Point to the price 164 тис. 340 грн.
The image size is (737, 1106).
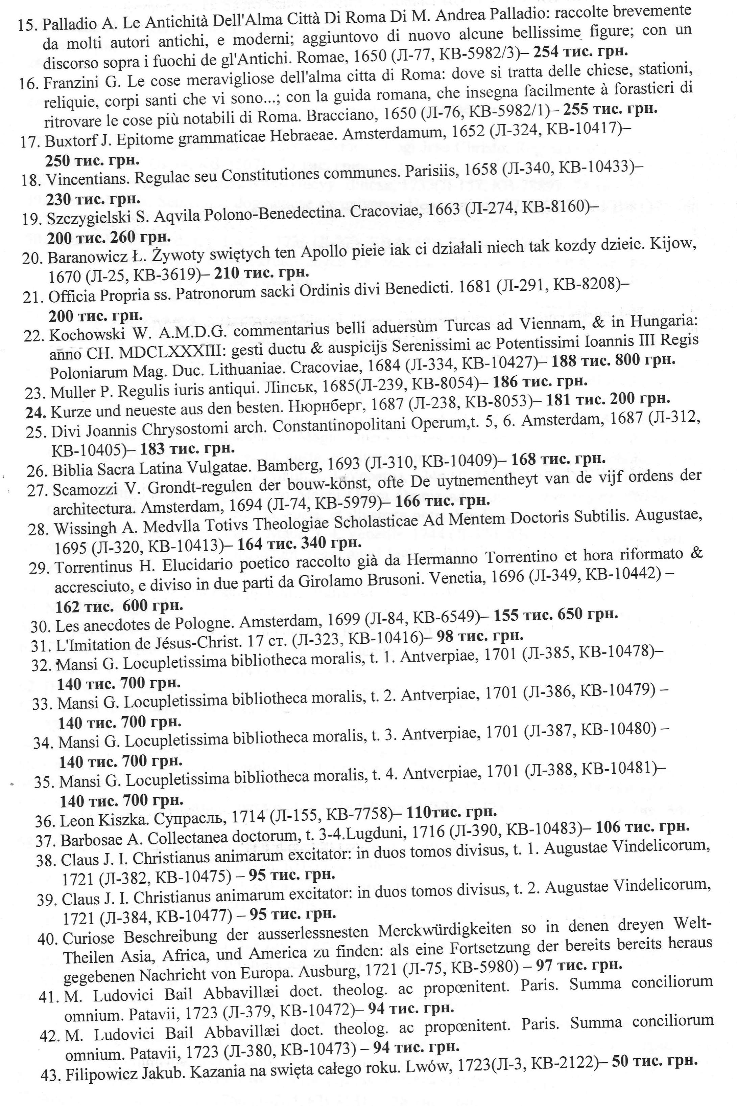coord(299,544)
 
